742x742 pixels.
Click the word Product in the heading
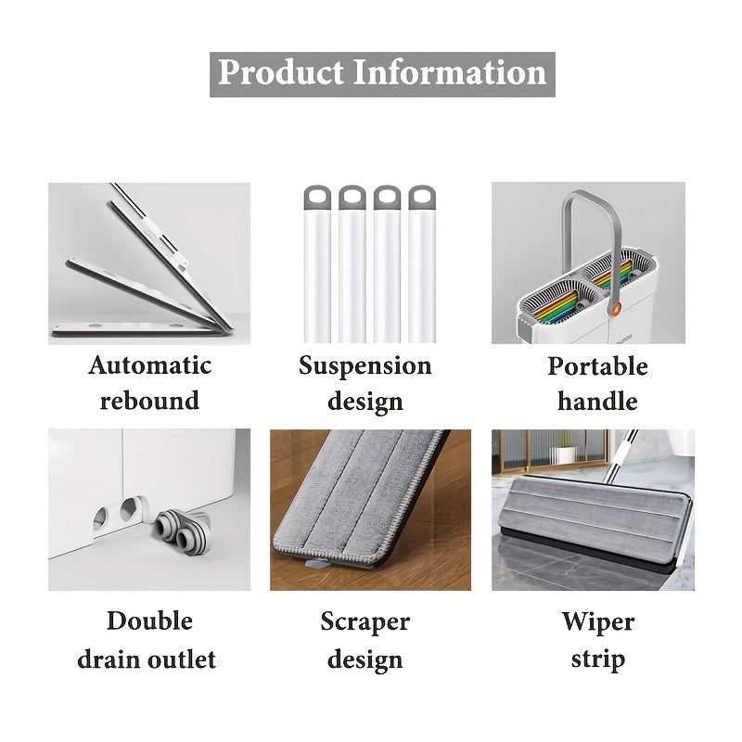click(281, 73)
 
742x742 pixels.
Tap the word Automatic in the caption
click(149, 365)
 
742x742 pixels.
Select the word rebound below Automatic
click(149, 401)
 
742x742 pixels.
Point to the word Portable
click(597, 366)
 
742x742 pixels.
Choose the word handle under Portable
click(597, 402)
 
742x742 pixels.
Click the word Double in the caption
click(149, 620)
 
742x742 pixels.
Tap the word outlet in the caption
click(182, 659)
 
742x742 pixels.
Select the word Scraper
click(365, 622)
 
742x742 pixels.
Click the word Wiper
click(598, 622)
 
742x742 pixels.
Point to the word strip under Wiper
click(598, 659)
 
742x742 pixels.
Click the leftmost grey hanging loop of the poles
click(317, 198)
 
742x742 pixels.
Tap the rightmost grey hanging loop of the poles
click(422, 198)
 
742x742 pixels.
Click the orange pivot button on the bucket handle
click(616, 311)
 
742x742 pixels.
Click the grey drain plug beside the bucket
click(183, 531)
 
